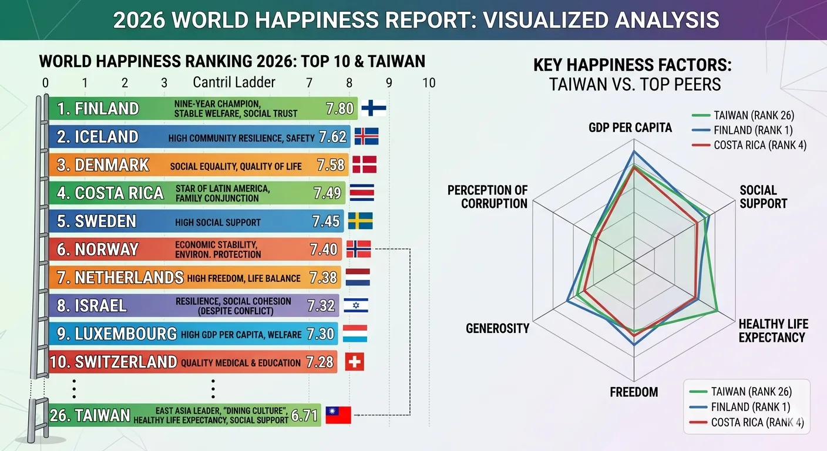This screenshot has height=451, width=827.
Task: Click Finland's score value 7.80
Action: point(339,109)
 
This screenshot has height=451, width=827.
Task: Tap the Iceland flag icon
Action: point(367,136)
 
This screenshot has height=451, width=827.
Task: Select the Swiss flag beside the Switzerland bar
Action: point(354,362)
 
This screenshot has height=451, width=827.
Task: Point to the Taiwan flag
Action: point(338,415)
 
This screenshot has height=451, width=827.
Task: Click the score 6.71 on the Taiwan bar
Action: point(304,416)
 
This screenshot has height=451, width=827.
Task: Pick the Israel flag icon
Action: point(356,305)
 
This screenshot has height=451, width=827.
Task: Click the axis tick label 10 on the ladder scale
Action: point(429,83)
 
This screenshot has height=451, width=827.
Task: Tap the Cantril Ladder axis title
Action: point(234,82)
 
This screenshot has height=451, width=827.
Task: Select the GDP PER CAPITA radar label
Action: point(630,127)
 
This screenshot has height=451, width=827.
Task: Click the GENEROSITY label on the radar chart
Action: point(497,328)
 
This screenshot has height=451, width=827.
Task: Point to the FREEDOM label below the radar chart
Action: point(634,392)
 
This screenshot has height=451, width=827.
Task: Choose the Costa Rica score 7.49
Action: point(327,193)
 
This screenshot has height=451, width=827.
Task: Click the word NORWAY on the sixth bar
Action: point(106,250)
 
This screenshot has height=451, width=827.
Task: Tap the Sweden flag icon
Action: point(360,221)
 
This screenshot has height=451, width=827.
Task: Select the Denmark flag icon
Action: point(364,164)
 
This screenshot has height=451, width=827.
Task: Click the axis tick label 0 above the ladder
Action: point(45,83)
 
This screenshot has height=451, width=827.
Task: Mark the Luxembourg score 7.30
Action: point(320,334)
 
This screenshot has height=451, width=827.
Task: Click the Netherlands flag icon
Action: point(358,277)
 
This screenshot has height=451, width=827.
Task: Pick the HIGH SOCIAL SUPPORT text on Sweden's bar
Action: point(218,223)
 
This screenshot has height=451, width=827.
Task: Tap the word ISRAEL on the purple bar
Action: point(100,305)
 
